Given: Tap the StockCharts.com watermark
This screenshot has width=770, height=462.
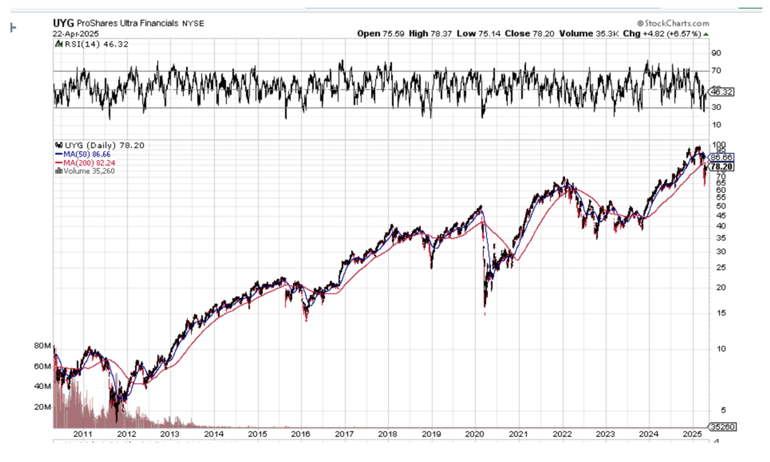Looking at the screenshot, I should coord(673,23).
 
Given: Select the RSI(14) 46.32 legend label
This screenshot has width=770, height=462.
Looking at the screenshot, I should coord(85,44).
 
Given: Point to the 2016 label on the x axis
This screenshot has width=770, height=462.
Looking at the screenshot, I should coord(301,434).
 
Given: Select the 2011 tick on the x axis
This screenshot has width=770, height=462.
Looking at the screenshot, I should coord(83,434).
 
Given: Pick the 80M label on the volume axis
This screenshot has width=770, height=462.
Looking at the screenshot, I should coord(42,346).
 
